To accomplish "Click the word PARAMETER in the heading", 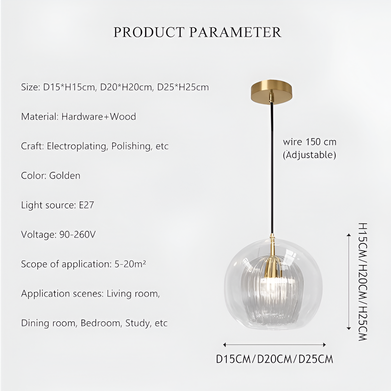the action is coord(235,32).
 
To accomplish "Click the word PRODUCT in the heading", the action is coord(149,32).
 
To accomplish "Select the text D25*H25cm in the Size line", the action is coord(183,87).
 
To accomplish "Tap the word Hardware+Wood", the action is coord(99,117).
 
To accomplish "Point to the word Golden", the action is coord(65,175).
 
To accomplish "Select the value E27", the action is coord(86,205).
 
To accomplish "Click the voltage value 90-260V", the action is coord(77,234).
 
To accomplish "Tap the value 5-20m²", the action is coord(130,264).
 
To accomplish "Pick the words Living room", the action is coord(133,294).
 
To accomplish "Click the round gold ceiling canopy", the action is coord(271,92).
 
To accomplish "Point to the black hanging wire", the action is coord(272,168).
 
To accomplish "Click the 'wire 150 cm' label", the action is coord(310,142).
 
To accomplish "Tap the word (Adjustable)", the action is coord(310,155).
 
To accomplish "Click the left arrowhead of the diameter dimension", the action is coord(224,345).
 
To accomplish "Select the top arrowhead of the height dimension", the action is coord(348,235).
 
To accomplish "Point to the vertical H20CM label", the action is coord(363,282).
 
